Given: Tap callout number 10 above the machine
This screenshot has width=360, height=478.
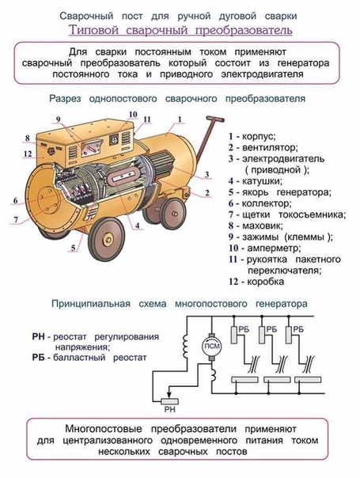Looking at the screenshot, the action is [x=133, y=115].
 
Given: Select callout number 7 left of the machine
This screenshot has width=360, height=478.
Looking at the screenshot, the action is [x=16, y=219].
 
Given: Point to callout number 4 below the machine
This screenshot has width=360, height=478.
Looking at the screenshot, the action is [x=138, y=226].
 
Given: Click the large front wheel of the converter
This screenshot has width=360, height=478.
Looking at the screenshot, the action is [x=107, y=239].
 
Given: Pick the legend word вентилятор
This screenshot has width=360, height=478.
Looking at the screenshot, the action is [x=270, y=147].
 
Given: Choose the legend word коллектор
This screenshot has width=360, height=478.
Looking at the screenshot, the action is [x=267, y=203].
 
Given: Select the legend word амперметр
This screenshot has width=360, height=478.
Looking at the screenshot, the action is [x=274, y=248].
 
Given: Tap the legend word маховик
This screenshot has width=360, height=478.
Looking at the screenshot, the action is [x=263, y=226].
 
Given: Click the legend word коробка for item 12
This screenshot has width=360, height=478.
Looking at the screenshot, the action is [x=265, y=282].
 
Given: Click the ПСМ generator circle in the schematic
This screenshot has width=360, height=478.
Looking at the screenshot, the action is [x=211, y=346].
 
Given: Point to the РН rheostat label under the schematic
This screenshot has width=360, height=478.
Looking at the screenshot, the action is [x=170, y=410].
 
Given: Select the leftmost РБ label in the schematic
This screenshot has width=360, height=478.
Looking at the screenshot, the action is [x=244, y=329].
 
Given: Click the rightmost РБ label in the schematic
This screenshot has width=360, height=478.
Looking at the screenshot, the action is [x=298, y=329].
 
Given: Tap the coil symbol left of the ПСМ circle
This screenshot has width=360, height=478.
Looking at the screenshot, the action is [x=185, y=346].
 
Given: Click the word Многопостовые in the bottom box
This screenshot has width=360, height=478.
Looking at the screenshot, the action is [x=104, y=429].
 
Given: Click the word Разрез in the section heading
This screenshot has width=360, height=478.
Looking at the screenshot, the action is [x=66, y=99].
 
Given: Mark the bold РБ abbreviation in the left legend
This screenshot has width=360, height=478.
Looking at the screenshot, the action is [x=39, y=357].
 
